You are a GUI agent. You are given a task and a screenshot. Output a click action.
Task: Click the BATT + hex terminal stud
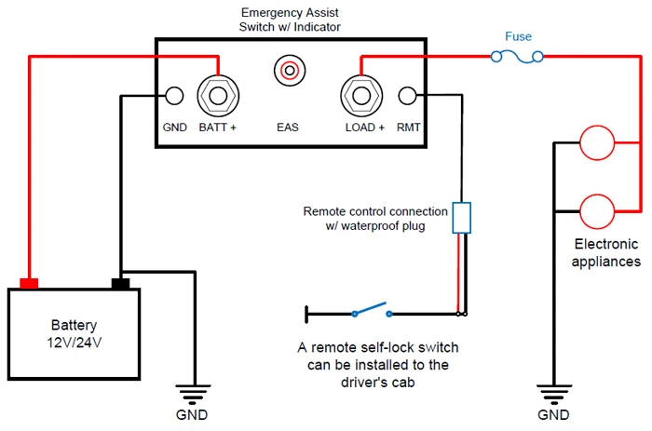(218, 96)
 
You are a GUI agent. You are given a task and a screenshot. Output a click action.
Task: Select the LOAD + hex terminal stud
(361, 96)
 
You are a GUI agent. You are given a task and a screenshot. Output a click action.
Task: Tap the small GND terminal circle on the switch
(174, 96)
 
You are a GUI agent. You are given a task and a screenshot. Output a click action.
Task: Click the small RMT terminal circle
(407, 96)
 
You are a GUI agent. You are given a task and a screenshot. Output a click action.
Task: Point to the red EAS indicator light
(290, 70)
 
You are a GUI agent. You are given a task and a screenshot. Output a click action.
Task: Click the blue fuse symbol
(517, 57)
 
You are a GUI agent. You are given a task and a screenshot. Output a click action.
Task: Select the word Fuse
(518, 36)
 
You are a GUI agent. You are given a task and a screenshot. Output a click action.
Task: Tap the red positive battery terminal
(29, 283)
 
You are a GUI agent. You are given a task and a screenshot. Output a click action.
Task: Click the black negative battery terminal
(120, 283)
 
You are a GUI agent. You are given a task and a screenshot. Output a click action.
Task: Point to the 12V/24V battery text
(74, 343)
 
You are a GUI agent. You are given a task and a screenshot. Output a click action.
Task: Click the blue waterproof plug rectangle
(462, 218)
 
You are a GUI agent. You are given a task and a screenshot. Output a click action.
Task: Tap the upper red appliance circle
(597, 142)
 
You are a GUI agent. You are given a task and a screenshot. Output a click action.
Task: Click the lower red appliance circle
(597, 211)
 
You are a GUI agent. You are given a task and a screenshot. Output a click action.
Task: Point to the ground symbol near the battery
(193, 394)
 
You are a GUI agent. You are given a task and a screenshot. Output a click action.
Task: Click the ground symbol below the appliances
(554, 394)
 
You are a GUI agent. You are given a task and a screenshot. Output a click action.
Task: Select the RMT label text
(408, 128)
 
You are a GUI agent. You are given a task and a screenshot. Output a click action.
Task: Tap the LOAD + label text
(365, 128)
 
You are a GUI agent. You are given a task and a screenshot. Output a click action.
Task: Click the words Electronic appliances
(606, 252)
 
